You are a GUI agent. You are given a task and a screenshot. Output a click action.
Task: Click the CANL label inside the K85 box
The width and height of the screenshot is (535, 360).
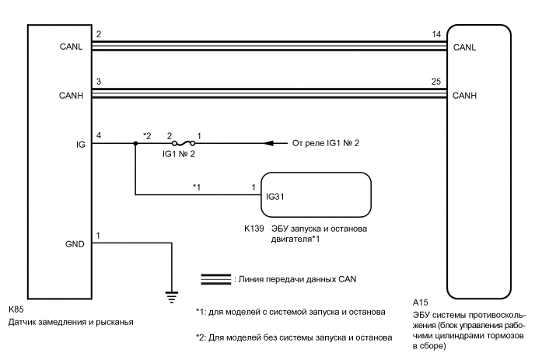[71, 48]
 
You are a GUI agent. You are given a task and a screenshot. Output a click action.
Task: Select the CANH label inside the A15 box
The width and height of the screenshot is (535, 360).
[463, 96]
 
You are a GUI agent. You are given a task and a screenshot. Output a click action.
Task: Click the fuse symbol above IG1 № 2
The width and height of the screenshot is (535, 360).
[184, 143]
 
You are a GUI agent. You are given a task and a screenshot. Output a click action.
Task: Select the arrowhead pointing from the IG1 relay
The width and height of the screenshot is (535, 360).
[270, 143]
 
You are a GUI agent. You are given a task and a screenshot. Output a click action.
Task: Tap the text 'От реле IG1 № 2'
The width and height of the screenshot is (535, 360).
[324, 143]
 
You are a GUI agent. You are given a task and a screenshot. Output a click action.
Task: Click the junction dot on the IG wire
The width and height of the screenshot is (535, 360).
[136, 144]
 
